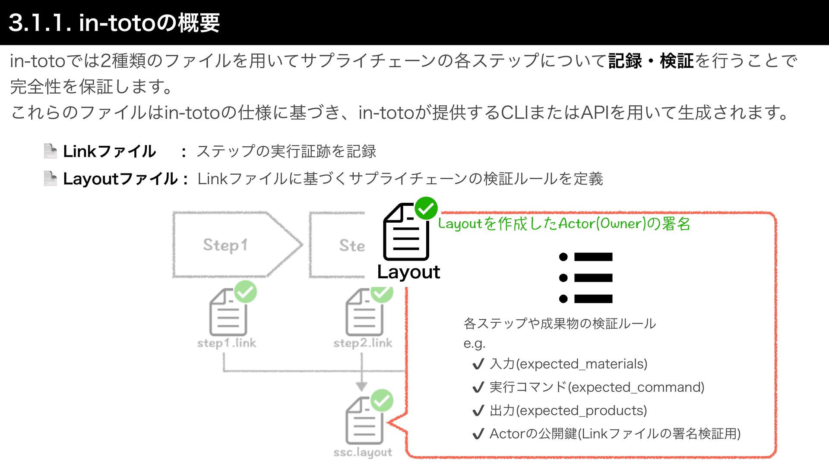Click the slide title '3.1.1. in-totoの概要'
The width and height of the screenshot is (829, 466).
[114, 22]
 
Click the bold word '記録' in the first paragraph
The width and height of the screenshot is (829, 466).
[625, 61]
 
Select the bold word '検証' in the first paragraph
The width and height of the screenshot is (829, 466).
[676, 61]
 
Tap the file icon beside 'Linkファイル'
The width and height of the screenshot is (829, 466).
[51, 151]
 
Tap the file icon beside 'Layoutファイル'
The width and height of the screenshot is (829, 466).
[51, 178]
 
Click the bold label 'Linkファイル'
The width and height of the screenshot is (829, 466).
[109, 151]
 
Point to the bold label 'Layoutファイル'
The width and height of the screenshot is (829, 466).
[120, 179]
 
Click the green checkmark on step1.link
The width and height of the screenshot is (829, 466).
[245, 292]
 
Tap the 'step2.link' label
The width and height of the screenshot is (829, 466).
[363, 343]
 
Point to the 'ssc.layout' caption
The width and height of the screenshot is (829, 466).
[363, 452]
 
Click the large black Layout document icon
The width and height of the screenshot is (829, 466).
[405, 233]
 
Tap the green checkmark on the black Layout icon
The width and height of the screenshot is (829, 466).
[426, 208]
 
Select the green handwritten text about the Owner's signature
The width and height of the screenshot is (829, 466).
[564, 224]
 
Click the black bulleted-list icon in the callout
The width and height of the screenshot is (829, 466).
[585, 277]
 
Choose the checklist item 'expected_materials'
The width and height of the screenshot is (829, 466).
[568, 364]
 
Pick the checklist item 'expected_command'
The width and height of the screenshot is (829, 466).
[597, 387]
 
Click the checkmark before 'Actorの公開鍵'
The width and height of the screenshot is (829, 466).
[478, 434]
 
